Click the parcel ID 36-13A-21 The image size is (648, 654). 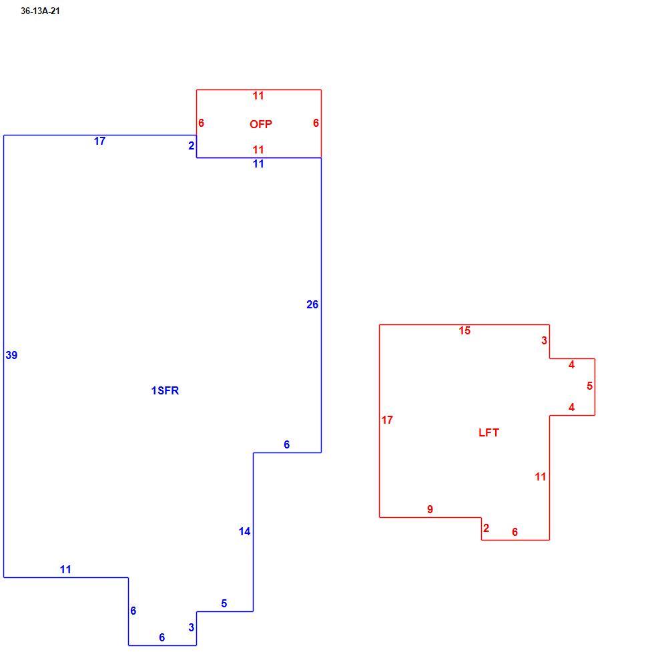[x=40, y=11]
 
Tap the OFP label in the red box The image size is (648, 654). [x=261, y=124]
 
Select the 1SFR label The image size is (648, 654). [x=165, y=390]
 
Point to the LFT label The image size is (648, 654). [x=489, y=432]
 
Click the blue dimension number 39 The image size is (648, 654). [x=11, y=355]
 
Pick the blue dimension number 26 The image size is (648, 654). [x=312, y=304]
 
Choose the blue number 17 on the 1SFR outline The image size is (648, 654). [x=99, y=141]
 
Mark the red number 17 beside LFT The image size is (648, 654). [x=387, y=420]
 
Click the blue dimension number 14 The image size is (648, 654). [x=244, y=531]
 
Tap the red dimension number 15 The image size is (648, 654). [x=464, y=331]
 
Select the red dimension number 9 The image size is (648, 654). [x=430, y=509]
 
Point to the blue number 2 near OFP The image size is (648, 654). [x=191, y=145]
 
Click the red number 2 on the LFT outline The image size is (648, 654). [x=486, y=528]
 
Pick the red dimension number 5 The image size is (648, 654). [x=590, y=386]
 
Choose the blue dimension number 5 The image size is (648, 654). [x=224, y=603]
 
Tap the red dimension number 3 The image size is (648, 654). [x=544, y=340]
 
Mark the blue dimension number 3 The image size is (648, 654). [x=191, y=627]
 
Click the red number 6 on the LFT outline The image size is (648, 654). [x=515, y=532]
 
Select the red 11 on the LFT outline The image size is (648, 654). [x=541, y=476]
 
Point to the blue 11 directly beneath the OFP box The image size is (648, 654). [x=258, y=164]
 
